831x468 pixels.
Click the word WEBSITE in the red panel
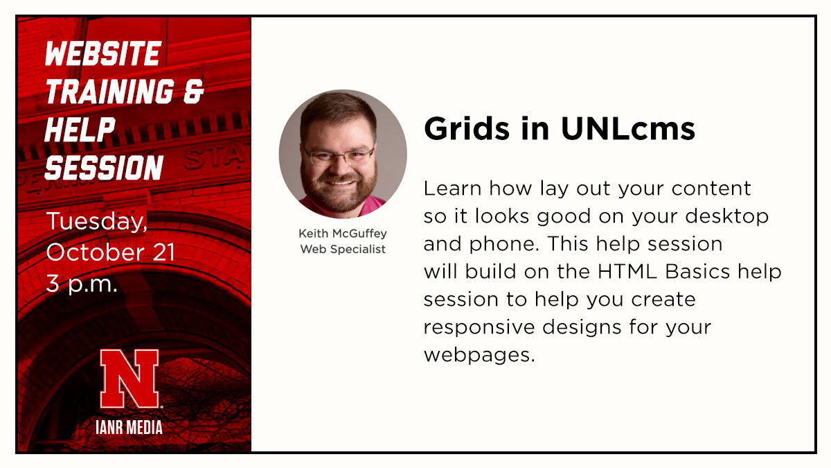pos(102,54)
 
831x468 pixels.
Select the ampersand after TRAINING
pos(193,92)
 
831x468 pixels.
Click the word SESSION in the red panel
pos(104,167)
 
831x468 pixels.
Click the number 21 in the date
pos(163,253)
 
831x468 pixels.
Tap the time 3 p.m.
pos(82,284)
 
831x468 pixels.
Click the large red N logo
pos(129,379)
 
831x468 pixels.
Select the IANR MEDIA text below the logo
pos(129,427)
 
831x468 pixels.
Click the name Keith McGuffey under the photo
pos(342,234)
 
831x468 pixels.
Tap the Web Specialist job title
pos(342,249)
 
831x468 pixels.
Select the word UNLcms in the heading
pos(628,129)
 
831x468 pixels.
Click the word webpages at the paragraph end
pos(479,355)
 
